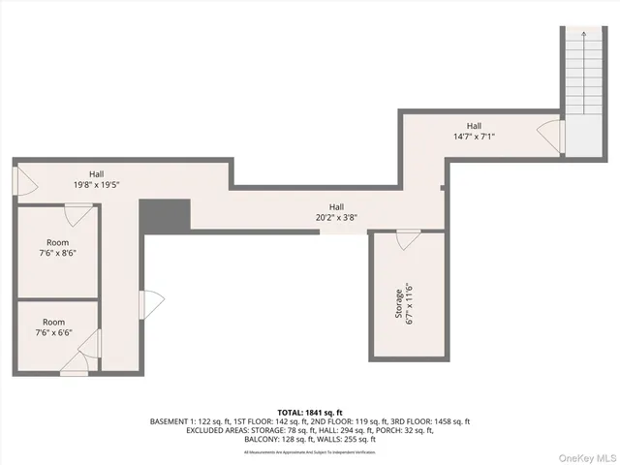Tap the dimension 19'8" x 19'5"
tap(97, 184)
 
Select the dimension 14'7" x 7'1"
tap(474, 137)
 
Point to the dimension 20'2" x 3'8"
tap(336, 218)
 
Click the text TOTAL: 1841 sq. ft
tap(310, 411)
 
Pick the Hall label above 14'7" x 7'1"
tap(474, 126)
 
